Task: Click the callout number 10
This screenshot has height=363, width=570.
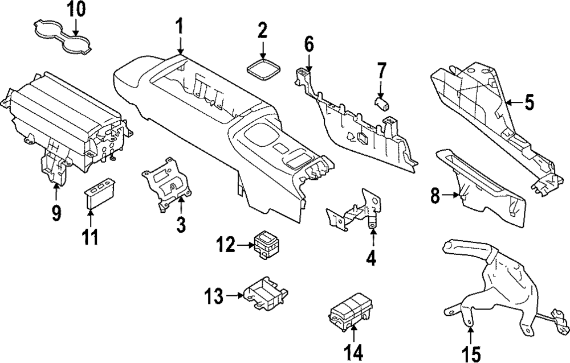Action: click(x=76, y=9)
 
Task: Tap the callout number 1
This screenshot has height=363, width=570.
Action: click(x=180, y=26)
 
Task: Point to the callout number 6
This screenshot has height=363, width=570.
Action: click(x=308, y=44)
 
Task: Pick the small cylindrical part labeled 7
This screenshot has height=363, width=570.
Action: click(x=381, y=103)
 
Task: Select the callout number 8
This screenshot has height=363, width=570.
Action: click(x=436, y=197)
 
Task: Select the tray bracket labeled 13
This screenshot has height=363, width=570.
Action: click(x=266, y=294)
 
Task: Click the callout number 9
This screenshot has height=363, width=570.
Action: click(x=56, y=213)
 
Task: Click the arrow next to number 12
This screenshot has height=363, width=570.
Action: click(x=243, y=246)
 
